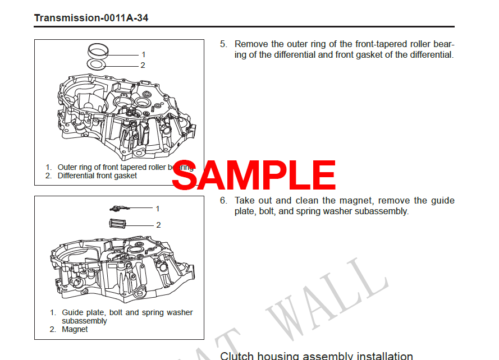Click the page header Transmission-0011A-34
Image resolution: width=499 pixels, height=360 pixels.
(x=91, y=18)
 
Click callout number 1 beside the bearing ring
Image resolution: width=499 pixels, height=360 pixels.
(x=143, y=54)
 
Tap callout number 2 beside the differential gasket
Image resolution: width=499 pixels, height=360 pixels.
(x=143, y=65)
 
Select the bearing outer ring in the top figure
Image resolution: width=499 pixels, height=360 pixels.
(x=98, y=50)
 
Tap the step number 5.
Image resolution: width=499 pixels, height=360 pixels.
(x=223, y=44)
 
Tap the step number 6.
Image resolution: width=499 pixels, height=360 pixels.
(x=223, y=201)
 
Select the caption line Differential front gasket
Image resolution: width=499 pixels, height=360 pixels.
(x=97, y=176)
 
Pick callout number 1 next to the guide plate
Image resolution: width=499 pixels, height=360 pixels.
(x=158, y=209)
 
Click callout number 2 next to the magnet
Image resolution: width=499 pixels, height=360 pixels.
(x=158, y=225)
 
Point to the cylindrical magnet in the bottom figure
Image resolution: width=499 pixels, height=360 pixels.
(x=118, y=224)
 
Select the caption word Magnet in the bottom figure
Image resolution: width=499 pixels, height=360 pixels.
(x=75, y=330)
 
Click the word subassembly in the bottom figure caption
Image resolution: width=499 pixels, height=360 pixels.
(x=84, y=321)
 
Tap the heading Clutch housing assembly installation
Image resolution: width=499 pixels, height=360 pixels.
(x=316, y=356)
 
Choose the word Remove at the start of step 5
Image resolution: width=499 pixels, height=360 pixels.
(x=250, y=44)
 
